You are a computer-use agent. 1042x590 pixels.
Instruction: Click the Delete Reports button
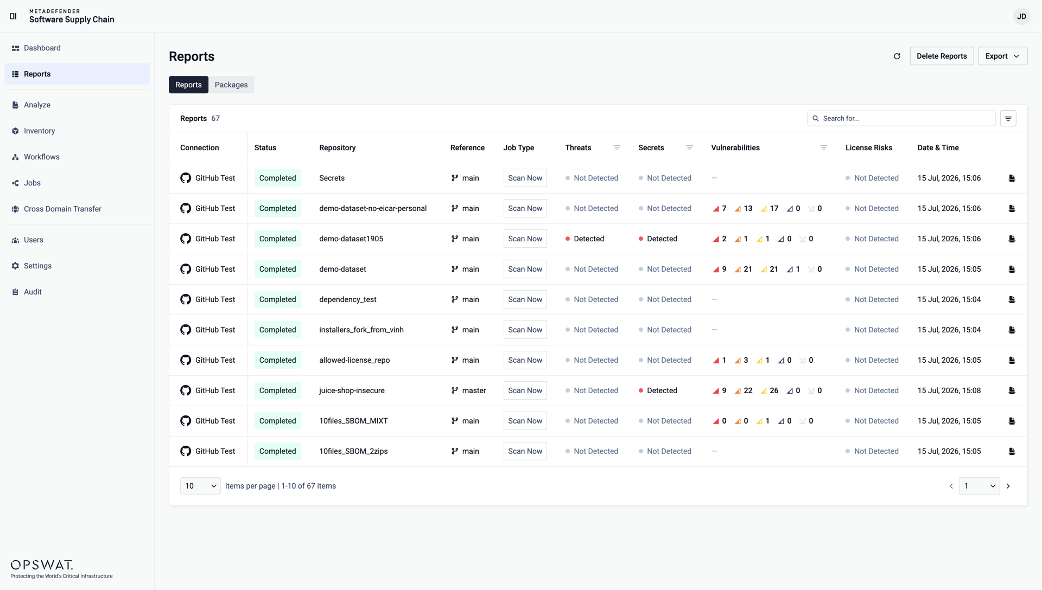942,56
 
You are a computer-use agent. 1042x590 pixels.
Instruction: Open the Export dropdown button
1002,56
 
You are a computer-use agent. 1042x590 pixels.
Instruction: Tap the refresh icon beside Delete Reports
897,56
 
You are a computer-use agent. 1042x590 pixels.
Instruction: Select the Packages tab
231,85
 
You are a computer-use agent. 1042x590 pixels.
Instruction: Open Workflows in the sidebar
42,157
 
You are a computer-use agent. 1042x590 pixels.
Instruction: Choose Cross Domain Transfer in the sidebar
62,209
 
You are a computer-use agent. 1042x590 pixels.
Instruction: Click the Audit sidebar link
33,292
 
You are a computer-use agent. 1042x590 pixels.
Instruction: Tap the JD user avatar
1021,16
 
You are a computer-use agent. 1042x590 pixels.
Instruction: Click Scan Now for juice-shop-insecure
525,390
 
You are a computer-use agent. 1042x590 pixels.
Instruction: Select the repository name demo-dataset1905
351,239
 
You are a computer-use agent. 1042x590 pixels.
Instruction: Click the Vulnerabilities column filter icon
823,147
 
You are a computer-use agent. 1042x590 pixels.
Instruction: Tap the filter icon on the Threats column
617,147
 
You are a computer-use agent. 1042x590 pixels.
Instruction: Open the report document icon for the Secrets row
1012,178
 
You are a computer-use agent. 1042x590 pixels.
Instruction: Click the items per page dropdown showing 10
200,486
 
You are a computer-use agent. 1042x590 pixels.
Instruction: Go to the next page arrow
1008,486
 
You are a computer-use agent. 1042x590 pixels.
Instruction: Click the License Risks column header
868,147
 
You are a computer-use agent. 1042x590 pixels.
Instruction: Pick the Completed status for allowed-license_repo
277,360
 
